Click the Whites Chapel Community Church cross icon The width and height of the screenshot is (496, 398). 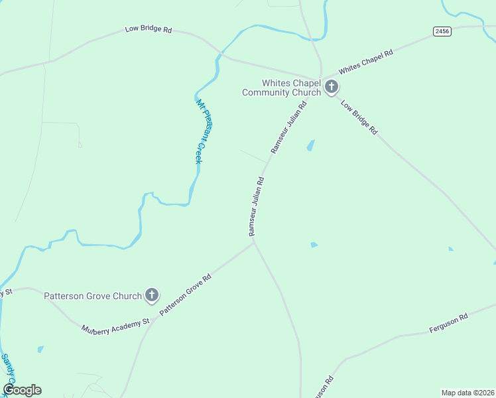coord(331,87)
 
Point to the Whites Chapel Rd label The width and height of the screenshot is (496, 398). coord(366,61)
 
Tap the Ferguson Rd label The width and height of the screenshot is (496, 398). coord(448,323)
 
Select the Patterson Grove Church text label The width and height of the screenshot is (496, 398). coord(93,296)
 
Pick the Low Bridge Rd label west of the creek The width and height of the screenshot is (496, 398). coord(149,30)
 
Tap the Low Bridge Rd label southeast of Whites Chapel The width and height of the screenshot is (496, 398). coord(359,117)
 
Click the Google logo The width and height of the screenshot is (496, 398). coord(22,390)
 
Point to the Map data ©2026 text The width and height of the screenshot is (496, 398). coord(468,393)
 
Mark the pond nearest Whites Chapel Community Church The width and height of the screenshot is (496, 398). coord(310,145)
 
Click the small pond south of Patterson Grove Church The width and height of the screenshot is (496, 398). coord(40,349)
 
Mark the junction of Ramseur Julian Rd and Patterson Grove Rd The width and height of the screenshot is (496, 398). coord(254,241)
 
